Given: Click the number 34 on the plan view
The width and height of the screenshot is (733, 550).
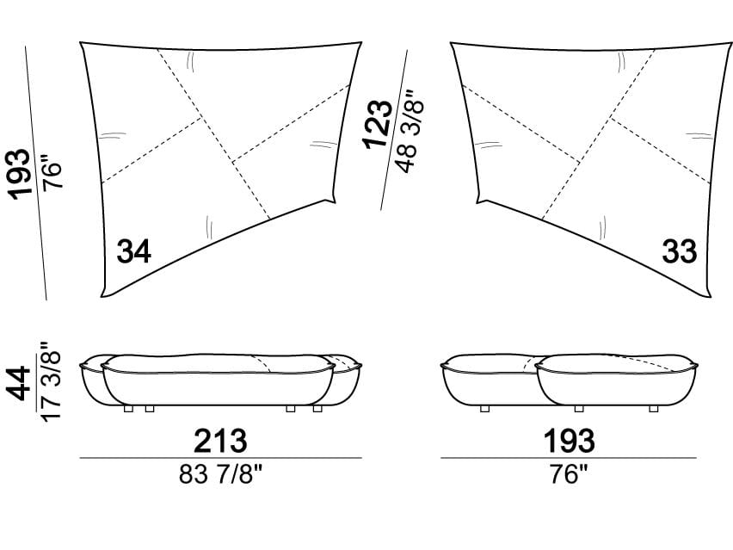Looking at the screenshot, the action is (133, 251).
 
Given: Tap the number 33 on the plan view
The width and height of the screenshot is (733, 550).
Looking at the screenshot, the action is (680, 251).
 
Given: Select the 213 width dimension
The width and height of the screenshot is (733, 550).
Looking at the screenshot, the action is (220, 441).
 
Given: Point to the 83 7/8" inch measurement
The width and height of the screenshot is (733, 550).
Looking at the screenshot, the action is (221, 475).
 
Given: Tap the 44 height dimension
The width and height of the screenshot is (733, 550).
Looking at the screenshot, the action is (20, 384).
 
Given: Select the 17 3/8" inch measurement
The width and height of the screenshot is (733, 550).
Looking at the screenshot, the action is (51, 381).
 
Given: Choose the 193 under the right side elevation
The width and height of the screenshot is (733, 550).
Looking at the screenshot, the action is (569, 441).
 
